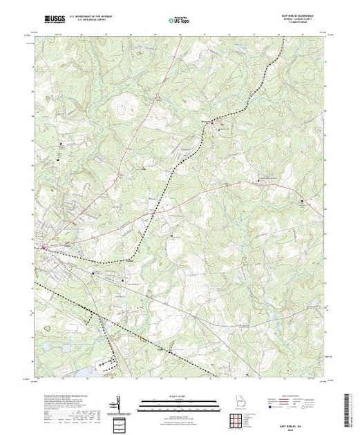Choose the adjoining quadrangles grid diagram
pyautogui.click(x=238, y=418)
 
